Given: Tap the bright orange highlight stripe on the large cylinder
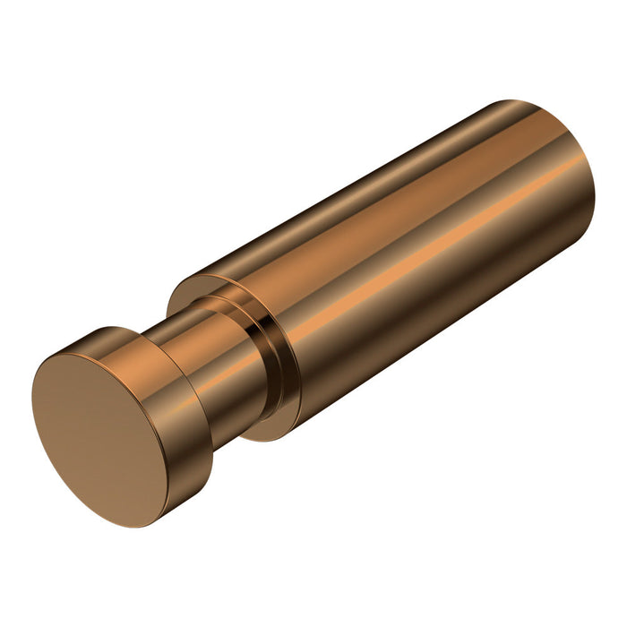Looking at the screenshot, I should pyautogui.click(x=421, y=251).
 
